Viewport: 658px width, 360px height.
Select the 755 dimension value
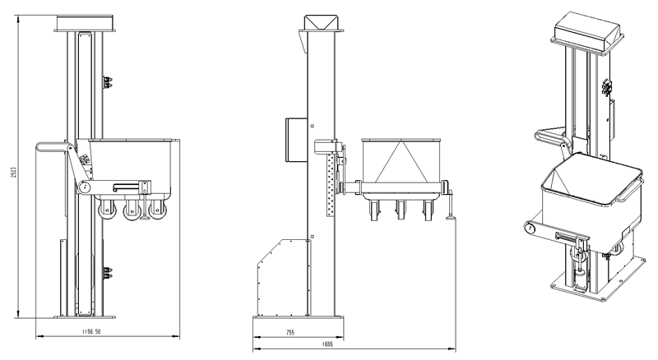click(291, 333)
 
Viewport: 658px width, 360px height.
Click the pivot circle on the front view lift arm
click(82, 188)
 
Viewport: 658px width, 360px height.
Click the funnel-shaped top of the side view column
click(320, 22)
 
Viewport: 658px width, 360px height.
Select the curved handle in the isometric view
click(549, 136)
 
